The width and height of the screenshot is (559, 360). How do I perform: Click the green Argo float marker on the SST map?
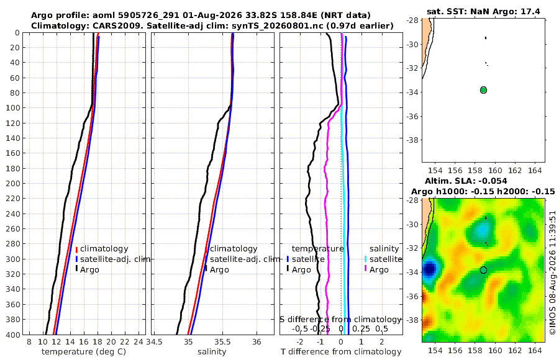(x=483, y=90)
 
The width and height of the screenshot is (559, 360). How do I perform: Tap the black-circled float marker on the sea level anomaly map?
(x=483, y=270)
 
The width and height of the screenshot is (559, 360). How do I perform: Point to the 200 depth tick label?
(x=13, y=183)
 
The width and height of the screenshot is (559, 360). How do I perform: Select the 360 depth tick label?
(x=13, y=304)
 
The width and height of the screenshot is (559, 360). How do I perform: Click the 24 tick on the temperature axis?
(x=139, y=342)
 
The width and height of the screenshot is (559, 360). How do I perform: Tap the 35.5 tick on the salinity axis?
(x=223, y=342)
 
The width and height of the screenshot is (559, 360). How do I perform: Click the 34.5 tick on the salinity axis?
(x=155, y=342)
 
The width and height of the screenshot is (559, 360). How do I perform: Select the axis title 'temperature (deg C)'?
(x=84, y=352)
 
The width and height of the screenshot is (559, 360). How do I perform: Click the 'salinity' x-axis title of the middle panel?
(x=212, y=352)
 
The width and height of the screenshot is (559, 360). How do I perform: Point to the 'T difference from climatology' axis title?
(x=341, y=352)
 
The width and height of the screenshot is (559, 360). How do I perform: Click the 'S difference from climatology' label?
(x=340, y=319)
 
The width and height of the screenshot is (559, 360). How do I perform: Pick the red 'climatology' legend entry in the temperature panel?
(x=102, y=249)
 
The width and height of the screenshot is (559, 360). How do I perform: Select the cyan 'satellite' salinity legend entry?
(x=383, y=259)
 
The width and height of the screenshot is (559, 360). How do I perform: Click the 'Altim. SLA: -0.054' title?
(x=466, y=181)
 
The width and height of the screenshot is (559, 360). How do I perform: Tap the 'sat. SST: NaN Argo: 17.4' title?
(x=483, y=12)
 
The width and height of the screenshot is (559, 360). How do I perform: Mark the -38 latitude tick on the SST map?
(x=413, y=140)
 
